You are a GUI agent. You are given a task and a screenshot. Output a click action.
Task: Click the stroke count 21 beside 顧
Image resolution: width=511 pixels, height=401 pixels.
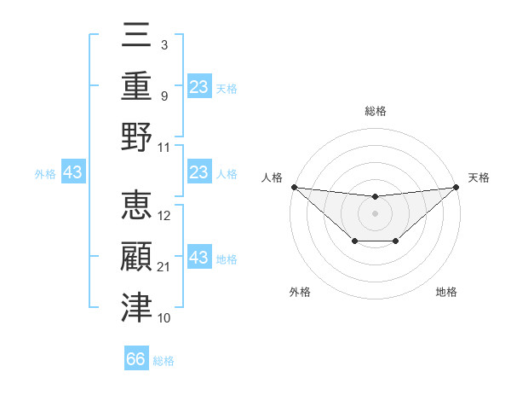164,267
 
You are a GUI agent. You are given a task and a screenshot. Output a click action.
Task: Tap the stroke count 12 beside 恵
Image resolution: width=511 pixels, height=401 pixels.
164,216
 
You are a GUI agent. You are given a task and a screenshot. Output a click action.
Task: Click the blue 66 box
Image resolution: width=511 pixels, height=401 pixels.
136,359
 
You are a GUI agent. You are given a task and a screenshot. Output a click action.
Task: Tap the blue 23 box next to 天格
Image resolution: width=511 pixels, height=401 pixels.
199,86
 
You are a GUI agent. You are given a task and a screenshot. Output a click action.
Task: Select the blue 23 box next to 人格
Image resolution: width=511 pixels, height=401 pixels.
199,173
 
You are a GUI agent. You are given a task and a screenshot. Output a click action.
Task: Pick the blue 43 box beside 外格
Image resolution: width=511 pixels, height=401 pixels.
73,173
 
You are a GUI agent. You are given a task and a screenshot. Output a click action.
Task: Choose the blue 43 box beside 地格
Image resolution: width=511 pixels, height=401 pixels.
199,258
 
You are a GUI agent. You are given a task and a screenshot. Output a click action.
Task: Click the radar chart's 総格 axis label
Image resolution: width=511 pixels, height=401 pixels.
375,111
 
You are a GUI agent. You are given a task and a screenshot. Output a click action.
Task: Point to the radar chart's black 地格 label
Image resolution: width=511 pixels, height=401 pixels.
446,293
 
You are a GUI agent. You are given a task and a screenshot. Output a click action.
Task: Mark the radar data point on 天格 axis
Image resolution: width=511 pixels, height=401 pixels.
456,187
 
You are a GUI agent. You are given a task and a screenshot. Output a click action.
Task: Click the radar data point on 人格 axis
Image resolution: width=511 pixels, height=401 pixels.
294,187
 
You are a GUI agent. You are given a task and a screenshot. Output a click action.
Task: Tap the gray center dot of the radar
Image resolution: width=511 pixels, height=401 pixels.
375,213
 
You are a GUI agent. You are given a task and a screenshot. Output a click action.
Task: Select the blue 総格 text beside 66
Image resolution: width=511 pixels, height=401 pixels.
164,361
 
